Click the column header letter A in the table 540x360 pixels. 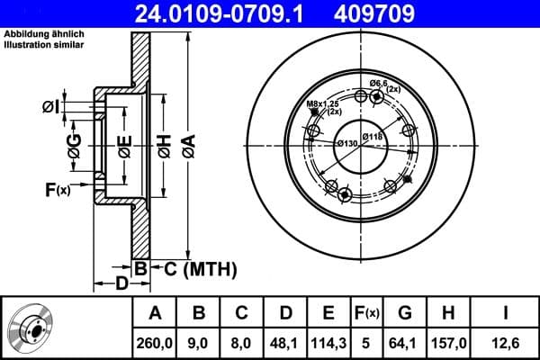point(154,313)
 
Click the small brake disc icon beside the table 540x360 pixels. point(34,328)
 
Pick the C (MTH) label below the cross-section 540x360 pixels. point(199,268)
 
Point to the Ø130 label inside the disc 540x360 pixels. point(347,144)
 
